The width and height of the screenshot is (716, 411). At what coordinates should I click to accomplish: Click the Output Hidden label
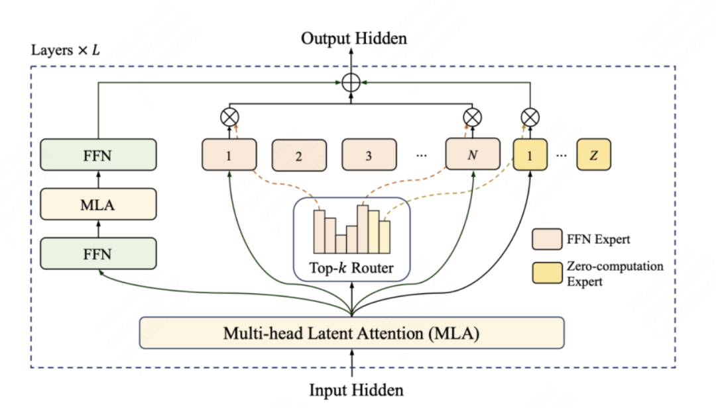[353, 38]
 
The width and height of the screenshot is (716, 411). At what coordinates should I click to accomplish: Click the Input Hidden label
[356, 390]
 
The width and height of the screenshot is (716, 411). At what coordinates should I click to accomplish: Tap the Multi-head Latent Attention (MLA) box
[351, 333]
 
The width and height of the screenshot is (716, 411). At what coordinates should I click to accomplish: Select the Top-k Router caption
[351, 268]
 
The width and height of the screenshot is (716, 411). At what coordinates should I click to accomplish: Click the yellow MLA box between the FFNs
[98, 205]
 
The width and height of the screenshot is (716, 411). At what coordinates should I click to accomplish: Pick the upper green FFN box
[98, 156]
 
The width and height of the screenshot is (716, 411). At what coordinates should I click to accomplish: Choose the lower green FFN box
[98, 253]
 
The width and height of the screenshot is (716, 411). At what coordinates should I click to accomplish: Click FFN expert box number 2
[299, 156]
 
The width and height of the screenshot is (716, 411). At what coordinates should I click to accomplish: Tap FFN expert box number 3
[369, 156]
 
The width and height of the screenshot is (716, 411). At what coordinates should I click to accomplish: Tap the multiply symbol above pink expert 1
[229, 118]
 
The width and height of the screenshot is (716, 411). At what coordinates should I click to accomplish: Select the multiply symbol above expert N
[472, 118]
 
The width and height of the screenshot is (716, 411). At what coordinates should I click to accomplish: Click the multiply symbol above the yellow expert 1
[530, 118]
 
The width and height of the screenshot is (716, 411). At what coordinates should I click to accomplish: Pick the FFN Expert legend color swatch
[543, 240]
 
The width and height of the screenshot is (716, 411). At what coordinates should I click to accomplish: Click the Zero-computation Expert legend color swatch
[543, 273]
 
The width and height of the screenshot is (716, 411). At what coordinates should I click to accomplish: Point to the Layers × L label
[66, 50]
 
